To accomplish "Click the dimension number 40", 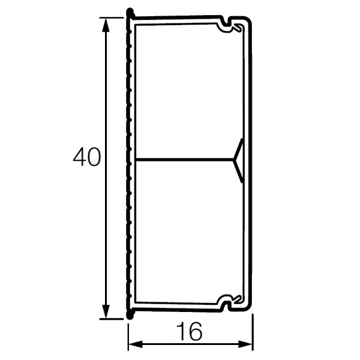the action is [x=87, y=157].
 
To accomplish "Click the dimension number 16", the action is [x=190, y=331].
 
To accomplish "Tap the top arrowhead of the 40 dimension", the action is [x=106, y=25].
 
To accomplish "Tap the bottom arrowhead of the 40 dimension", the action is [x=106, y=311].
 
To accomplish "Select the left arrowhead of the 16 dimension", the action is [x=136, y=344].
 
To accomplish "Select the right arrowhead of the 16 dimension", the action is [x=245, y=344].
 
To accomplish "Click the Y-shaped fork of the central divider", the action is [x=238, y=160].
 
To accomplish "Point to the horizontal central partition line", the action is [x=184, y=158].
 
